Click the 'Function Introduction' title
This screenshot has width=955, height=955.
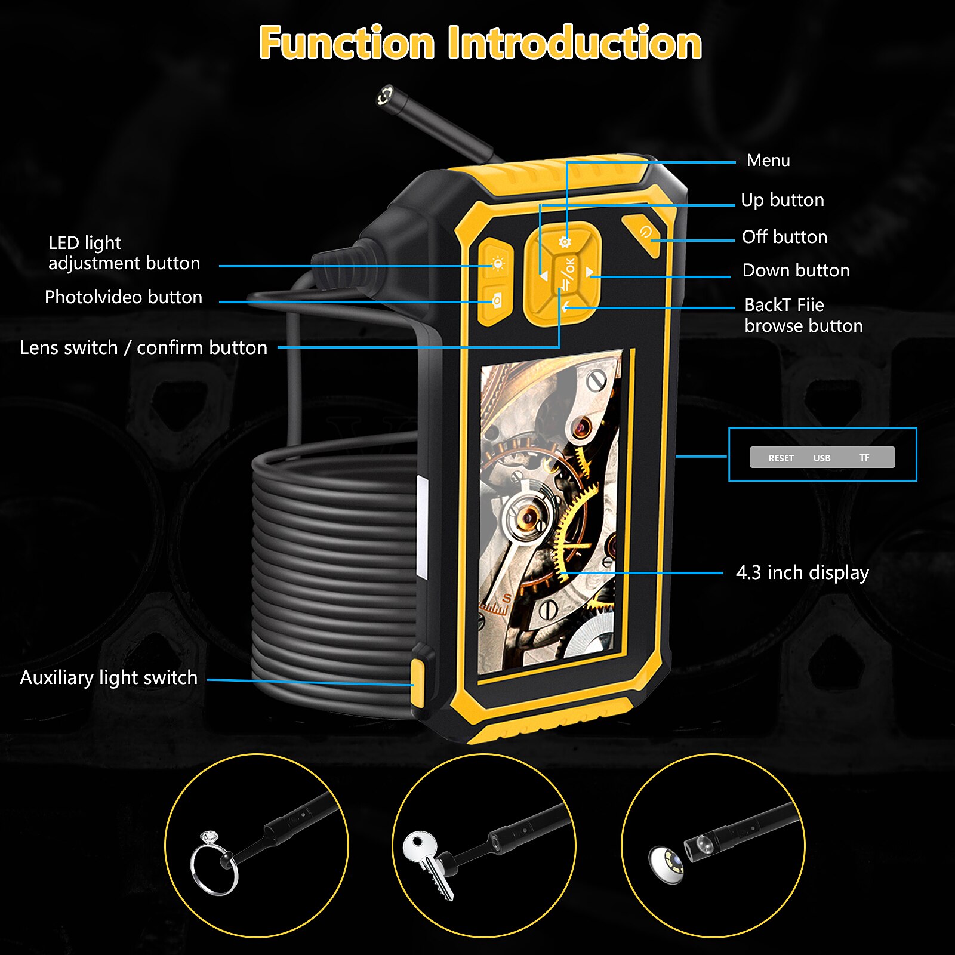point(480,43)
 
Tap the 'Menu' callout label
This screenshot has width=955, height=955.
point(768,161)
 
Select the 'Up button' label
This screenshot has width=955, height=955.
point(782,200)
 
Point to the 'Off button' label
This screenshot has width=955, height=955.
point(784,237)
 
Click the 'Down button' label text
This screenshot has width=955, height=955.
point(796,270)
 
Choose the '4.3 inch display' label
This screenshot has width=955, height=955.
point(802,572)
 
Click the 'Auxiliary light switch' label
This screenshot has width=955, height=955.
point(109,677)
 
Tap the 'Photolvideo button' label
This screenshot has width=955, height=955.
point(124,297)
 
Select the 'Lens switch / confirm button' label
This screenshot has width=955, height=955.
point(143,347)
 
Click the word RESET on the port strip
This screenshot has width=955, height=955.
point(781,458)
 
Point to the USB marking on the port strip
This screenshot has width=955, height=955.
point(822,458)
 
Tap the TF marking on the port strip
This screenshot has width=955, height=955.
point(864,457)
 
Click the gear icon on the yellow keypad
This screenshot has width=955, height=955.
point(565,242)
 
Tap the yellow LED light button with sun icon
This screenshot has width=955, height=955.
point(497,263)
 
